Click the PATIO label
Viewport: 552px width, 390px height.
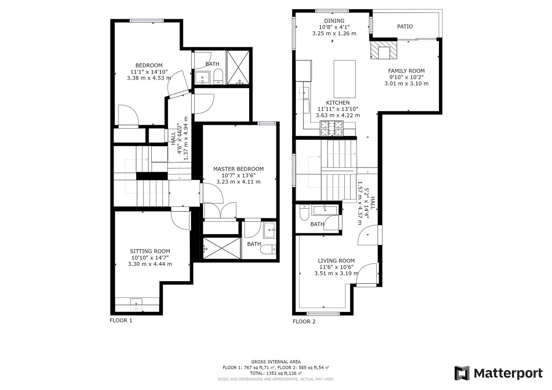[x=405, y=26]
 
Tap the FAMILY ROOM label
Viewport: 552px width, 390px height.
[x=406, y=71]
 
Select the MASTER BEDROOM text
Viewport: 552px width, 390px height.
[x=238, y=169]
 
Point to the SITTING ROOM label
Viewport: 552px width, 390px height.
[x=150, y=251]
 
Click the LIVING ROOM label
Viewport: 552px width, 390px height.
[x=336, y=260]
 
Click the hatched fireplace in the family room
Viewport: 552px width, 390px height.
[x=383, y=50]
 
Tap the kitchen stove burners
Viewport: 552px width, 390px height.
[x=331, y=129]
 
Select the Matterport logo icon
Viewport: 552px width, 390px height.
[x=462, y=373]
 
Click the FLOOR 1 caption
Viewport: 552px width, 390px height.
[x=121, y=320]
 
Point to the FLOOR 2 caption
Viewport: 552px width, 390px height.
[x=304, y=321]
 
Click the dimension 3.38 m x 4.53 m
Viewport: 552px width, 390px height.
[x=149, y=78]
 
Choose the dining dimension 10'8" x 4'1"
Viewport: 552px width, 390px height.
[x=334, y=27]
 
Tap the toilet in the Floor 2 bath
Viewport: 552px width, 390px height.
[x=304, y=213]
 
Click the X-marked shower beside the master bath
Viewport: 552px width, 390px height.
[x=222, y=248]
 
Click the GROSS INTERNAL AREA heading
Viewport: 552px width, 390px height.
[x=276, y=361]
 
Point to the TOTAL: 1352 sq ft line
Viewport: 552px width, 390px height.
[x=276, y=373]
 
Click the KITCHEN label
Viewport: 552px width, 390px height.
[x=338, y=103]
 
